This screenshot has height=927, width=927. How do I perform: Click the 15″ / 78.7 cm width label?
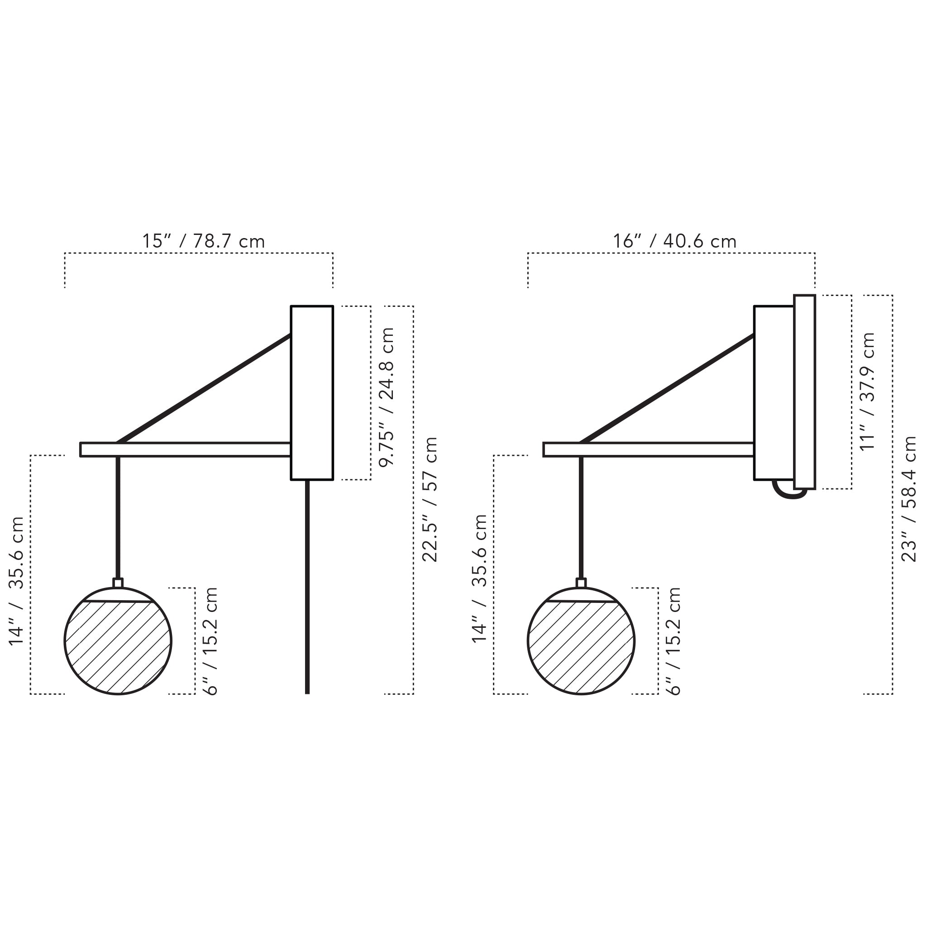[203, 241]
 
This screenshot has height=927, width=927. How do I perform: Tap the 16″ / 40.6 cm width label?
[674, 241]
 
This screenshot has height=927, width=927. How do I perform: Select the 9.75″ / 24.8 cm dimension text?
[387, 397]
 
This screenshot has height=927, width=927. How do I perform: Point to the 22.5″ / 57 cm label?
[430, 499]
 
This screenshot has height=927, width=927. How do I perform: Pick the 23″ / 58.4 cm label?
[909, 499]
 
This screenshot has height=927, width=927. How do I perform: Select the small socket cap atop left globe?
[118, 583]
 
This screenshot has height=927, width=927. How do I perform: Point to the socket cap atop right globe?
[581, 583]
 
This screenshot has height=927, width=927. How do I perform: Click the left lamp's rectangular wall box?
[312, 392]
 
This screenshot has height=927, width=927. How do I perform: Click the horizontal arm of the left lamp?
[192, 449]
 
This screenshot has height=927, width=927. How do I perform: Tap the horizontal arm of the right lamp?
[653, 449]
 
